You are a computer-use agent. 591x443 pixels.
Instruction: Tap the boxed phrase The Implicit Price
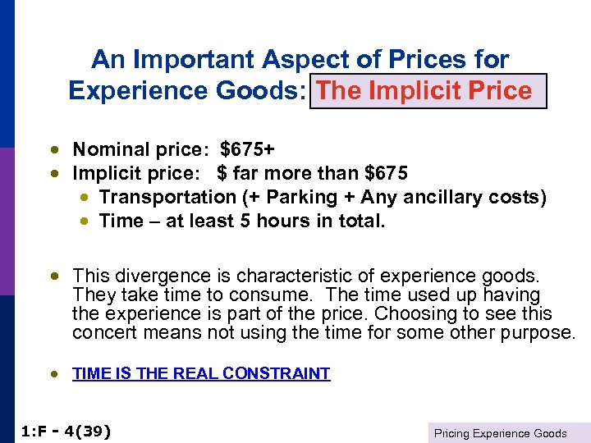tap(424, 90)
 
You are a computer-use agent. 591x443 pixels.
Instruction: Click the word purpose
tap(534, 332)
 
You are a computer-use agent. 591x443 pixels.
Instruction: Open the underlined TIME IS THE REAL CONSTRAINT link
tap(201, 374)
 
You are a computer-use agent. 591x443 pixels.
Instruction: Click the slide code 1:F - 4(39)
tap(65, 432)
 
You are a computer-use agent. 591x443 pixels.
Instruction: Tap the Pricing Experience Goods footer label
tap(500, 433)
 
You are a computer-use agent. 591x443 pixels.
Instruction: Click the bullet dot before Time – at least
tap(85, 221)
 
